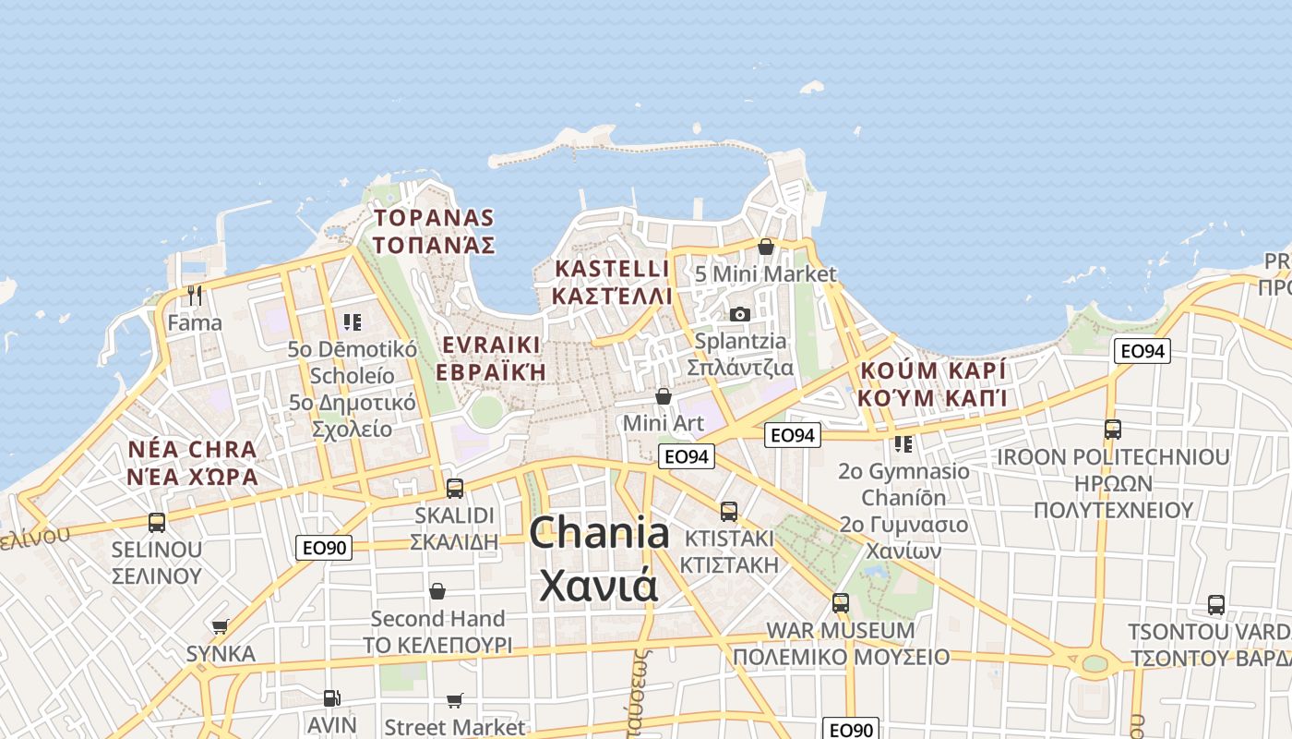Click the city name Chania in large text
[600, 535]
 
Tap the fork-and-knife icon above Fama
[195, 296]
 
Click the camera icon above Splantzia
[739, 314]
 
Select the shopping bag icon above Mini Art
[663, 396]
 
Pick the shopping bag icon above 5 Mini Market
[765, 247]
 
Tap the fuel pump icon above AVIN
[331, 698]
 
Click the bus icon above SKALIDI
[454, 488]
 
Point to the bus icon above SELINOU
[157, 522]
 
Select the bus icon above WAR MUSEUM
[840, 603]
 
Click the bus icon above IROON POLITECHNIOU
[1112, 430]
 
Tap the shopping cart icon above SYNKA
[220, 627]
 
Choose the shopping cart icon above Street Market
[454, 701]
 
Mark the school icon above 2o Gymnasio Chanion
[903, 443]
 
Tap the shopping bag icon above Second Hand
[437, 590]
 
